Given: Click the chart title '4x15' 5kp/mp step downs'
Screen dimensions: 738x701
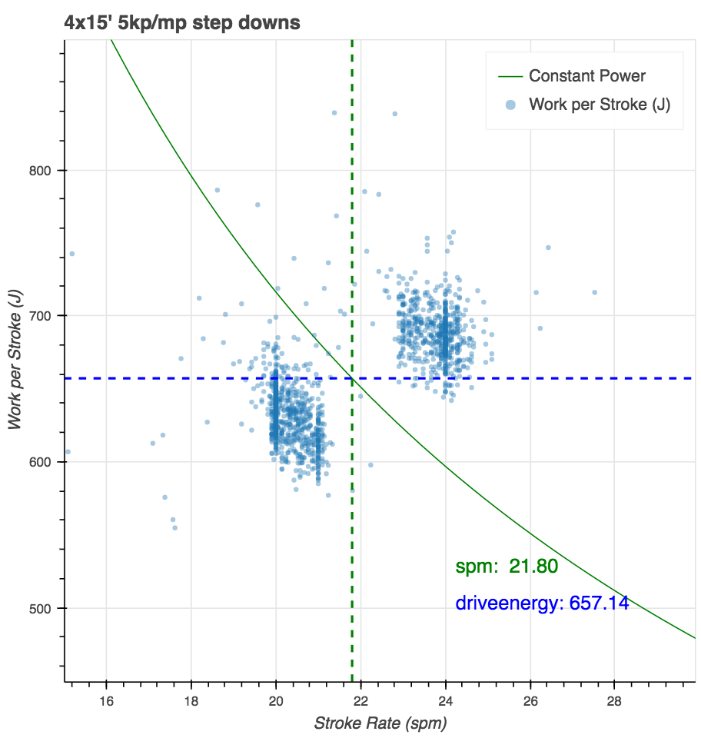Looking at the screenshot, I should (182, 23).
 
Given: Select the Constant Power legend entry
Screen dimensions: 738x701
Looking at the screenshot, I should (587, 76).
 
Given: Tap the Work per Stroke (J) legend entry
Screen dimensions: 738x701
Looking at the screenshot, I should (600, 105).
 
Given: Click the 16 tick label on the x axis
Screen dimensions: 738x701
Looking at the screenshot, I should (106, 700).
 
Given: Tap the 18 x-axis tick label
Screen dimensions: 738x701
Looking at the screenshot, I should (191, 700).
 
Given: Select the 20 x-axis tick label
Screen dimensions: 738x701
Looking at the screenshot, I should (276, 700).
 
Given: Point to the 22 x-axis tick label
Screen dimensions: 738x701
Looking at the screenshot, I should (360, 700).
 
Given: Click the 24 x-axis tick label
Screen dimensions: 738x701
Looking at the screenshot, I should (446, 700).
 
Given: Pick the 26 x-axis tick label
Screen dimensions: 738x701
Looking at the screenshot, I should (530, 700).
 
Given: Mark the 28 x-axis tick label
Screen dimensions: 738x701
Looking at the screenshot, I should (615, 700).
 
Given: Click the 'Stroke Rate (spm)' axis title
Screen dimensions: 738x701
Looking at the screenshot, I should (380, 723).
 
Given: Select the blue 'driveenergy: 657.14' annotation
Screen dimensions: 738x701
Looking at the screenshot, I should (542, 603).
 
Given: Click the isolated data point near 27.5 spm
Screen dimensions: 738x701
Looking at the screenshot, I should (594, 292).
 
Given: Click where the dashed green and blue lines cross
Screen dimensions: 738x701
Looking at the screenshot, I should (352, 378).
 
